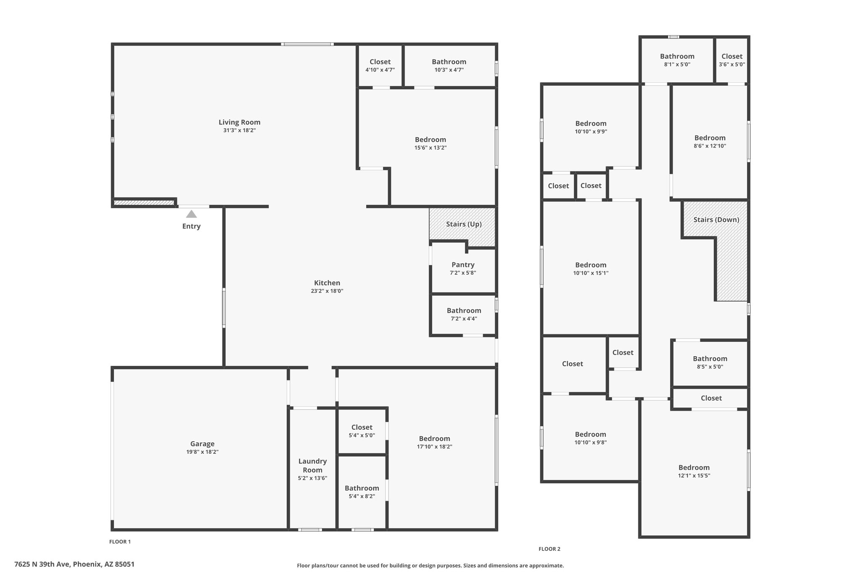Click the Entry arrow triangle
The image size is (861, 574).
pyautogui.click(x=191, y=214)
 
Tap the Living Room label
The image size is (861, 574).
pyautogui.click(x=239, y=122)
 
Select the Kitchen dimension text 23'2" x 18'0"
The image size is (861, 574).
pyautogui.click(x=327, y=291)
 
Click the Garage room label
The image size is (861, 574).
pyautogui.click(x=202, y=444)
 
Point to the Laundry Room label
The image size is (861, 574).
pyautogui.click(x=312, y=466)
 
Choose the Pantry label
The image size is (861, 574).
pyautogui.click(x=463, y=265)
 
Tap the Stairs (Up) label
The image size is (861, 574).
pyautogui.click(x=464, y=224)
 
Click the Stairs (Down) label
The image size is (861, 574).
pyautogui.click(x=716, y=220)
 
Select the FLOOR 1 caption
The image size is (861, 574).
pyautogui.click(x=120, y=542)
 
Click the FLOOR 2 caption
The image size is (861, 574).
pyautogui.click(x=549, y=549)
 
